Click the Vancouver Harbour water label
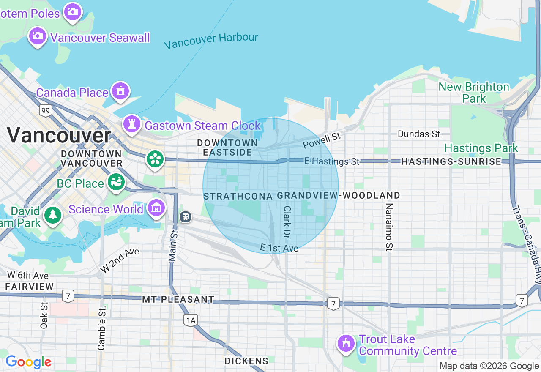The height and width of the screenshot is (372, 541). pos(211,41)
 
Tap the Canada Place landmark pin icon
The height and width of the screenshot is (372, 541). pos(120,91)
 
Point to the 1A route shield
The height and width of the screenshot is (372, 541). pos(191,320)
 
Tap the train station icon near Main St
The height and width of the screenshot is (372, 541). pos(185,217)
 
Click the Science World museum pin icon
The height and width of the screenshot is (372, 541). pos(156,208)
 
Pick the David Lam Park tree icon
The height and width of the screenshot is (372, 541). pos(53,215)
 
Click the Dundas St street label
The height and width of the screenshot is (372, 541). pos(419,134)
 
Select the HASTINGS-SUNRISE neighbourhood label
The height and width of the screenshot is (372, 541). pos(451,161)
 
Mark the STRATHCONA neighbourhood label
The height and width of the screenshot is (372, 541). pos(238,196)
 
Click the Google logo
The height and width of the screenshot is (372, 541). pos(28,362)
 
